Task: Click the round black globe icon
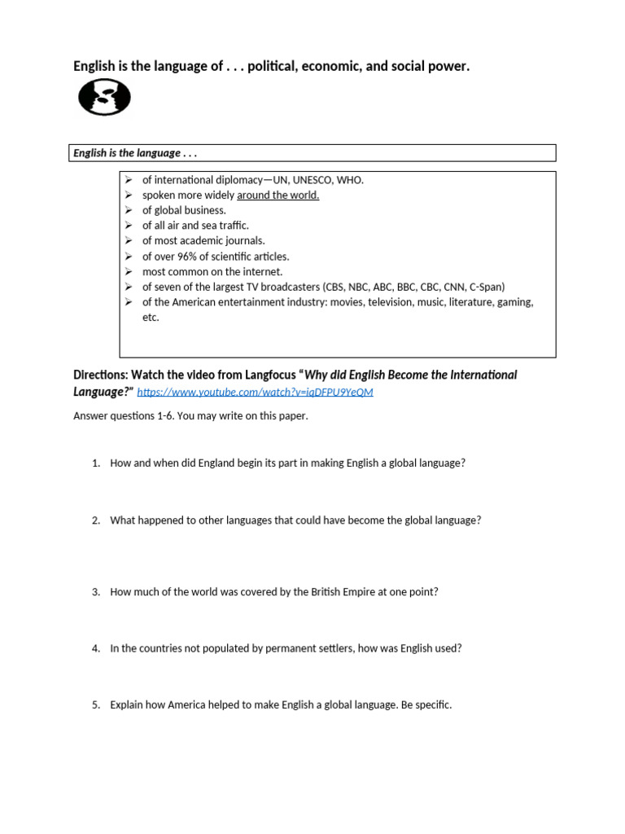104,99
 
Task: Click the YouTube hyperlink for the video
255,393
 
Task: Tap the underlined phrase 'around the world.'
278,195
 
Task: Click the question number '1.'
95,463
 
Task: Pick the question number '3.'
95,592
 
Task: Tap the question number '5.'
95,705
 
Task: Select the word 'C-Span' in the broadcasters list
487,287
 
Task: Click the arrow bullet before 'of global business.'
129,210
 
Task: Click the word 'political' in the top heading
272,66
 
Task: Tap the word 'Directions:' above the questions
103,375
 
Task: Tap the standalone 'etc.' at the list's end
151,318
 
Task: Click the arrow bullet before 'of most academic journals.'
129,241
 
